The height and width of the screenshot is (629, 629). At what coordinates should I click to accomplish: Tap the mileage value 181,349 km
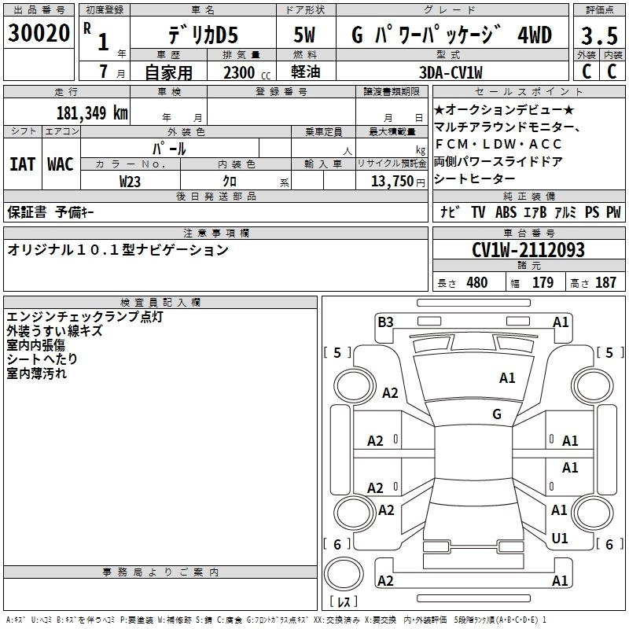tap(92, 112)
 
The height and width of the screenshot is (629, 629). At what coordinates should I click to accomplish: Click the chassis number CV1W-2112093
tap(528, 250)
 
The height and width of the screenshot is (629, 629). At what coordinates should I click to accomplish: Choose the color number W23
tap(131, 181)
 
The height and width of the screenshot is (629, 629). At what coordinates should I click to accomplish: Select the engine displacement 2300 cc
tap(239, 72)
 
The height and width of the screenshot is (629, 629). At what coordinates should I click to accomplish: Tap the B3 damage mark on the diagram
tap(385, 322)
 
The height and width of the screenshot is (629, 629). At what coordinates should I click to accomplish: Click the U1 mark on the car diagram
tap(560, 538)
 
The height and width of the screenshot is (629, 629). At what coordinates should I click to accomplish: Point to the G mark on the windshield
tap(497, 414)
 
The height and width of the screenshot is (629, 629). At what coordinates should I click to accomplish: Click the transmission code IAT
tap(22, 164)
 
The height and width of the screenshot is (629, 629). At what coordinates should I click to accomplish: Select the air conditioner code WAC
tap(60, 164)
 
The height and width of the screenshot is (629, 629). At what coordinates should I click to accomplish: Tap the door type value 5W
tap(304, 35)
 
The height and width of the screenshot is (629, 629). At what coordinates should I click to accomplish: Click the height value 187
tap(605, 283)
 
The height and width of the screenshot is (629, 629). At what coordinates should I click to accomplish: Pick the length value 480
tap(476, 283)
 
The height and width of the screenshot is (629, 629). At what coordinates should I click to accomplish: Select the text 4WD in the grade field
tap(535, 35)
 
